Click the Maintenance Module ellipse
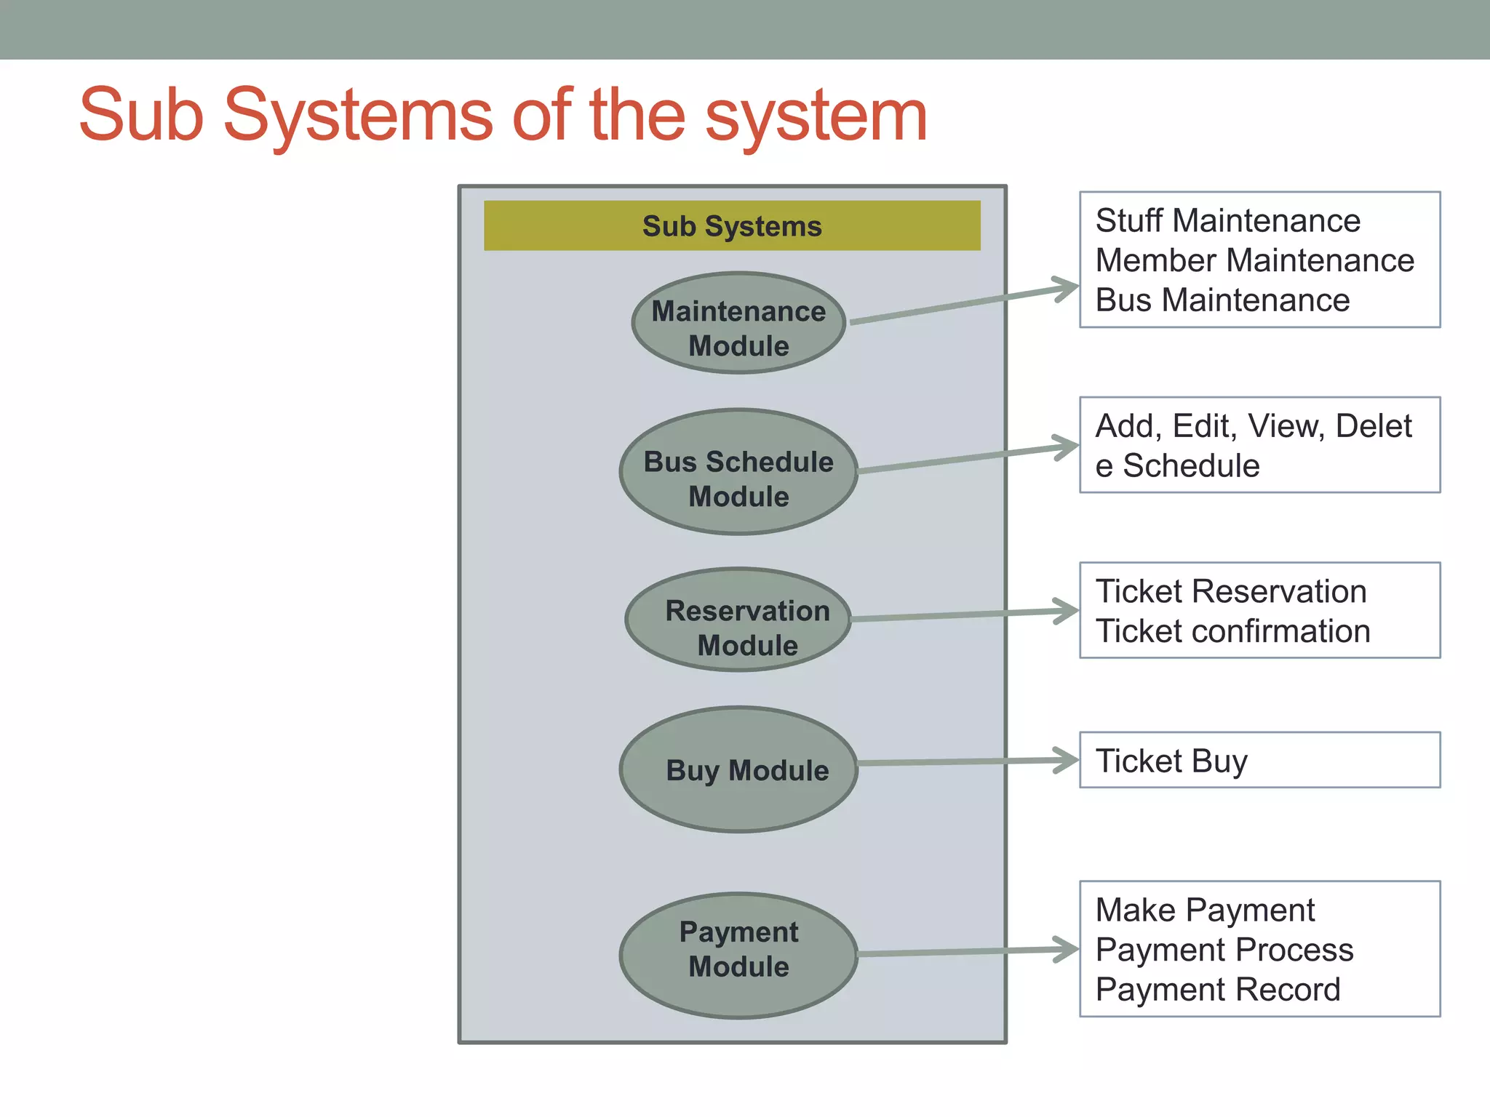(x=738, y=324)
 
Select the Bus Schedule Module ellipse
(x=738, y=473)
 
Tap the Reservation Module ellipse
(x=738, y=620)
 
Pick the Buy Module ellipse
(x=738, y=769)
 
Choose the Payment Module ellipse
(x=738, y=956)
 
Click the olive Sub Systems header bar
(x=732, y=226)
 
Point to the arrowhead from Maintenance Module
(x=1067, y=289)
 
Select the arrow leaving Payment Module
(x=960, y=952)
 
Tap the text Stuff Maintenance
(x=1228, y=221)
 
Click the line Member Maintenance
(x=1255, y=260)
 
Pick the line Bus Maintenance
(x=1222, y=300)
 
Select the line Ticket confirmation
(x=1233, y=631)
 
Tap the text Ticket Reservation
(x=1231, y=592)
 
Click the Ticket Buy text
(x=1171, y=761)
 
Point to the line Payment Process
(x=1224, y=950)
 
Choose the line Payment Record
(x=1218, y=990)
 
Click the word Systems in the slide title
(x=358, y=116)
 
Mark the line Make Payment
(x=1205, y=910)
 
